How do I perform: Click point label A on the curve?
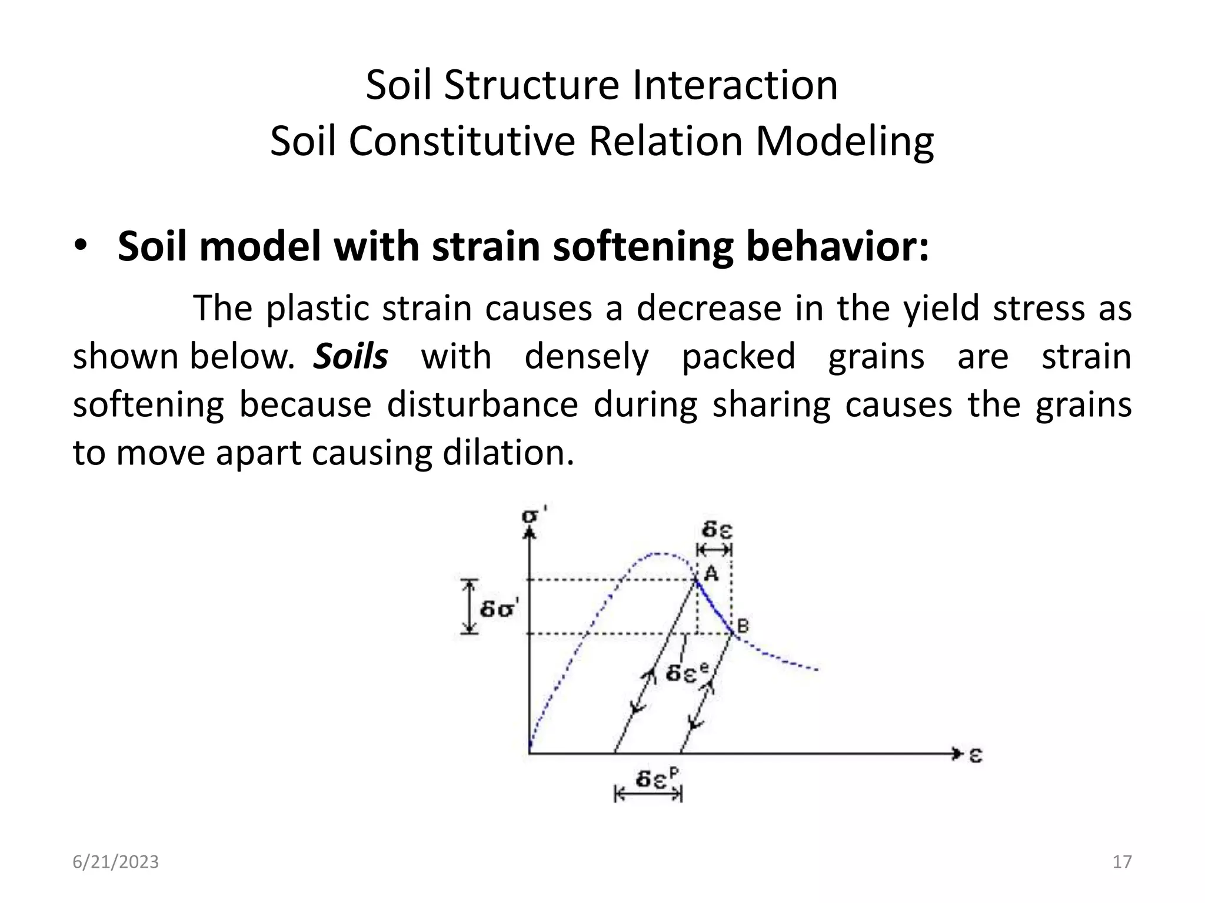711,573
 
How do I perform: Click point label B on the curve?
743,626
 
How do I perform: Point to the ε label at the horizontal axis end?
975,754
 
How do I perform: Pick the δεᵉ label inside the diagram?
686,672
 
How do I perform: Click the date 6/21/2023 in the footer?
115,862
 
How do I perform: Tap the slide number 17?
1122,862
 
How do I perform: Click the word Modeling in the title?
844,142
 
